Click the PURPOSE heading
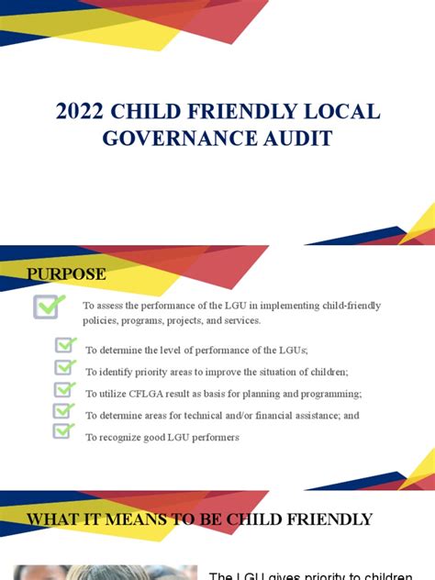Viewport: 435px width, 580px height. click(x=66, y=273)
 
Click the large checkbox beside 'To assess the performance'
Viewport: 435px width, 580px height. click(x=49, y=306)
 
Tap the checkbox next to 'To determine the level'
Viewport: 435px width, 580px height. click(x=65, y=345)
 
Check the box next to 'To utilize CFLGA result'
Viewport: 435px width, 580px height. click(x=65, y=389)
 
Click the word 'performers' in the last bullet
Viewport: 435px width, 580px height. click(x=217, y=438)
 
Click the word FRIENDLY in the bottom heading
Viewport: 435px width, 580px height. click(x=322, y=519)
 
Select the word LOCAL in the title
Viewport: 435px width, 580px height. click(x=343, y=112)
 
